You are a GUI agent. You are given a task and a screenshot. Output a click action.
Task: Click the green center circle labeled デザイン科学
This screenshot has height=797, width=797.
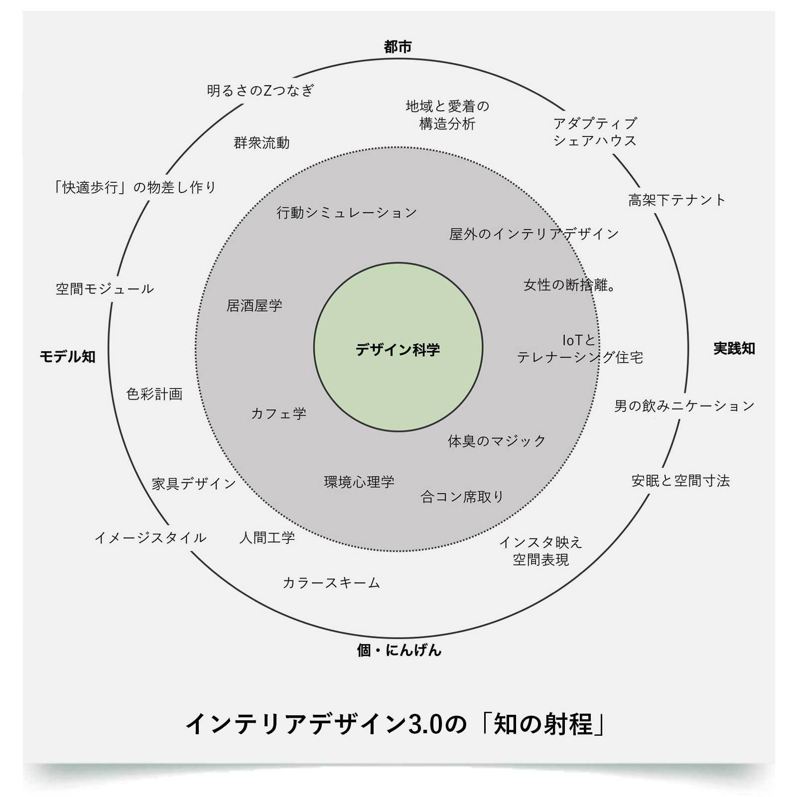(x=398, y=347)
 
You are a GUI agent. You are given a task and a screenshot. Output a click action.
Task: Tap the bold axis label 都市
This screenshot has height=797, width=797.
(x=398, y=47)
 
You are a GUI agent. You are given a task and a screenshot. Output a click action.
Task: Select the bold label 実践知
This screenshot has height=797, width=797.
(x=734, y=349)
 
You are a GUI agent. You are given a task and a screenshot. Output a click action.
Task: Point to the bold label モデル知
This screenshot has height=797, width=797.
(x=67, y=357)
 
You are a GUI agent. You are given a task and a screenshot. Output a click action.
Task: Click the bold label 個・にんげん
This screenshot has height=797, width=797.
(x=399, y=650)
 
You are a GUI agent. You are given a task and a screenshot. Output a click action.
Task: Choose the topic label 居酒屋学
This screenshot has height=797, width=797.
(x=254, y=305)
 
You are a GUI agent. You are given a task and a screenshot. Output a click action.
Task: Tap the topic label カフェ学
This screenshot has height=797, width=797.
(x=278, y=413)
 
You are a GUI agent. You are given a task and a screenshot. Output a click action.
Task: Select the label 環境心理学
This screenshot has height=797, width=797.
(x=359, y=482)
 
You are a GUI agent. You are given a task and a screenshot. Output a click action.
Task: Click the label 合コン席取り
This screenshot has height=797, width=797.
(x=462, y=497)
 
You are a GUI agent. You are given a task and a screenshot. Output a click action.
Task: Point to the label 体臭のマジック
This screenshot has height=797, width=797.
(x=497, y=441)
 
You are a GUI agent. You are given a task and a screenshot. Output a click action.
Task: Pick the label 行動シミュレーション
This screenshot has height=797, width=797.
(x=347, y=213)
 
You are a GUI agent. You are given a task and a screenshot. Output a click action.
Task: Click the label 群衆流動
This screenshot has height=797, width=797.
(x=262, y=143)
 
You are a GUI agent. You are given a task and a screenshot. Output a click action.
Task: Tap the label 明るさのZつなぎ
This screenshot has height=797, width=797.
(x=261, y=90)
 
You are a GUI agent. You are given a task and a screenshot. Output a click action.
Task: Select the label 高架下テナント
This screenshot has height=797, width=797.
(x=677, y=200)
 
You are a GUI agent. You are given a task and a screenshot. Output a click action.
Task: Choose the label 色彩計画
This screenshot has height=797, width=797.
(x=154, y=394)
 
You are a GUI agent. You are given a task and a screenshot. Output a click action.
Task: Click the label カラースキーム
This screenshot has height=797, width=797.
(x=331, y=583)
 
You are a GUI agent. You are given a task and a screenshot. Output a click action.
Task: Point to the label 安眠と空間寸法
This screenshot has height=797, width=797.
(x=680, y=481)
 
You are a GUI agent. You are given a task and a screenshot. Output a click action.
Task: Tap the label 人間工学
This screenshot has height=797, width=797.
(x=267, y=538)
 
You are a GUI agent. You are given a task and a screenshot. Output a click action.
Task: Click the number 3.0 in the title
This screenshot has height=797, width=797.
(x=425, y=724)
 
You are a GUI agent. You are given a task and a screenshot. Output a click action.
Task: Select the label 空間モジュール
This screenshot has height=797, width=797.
(x=105, y=289)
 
